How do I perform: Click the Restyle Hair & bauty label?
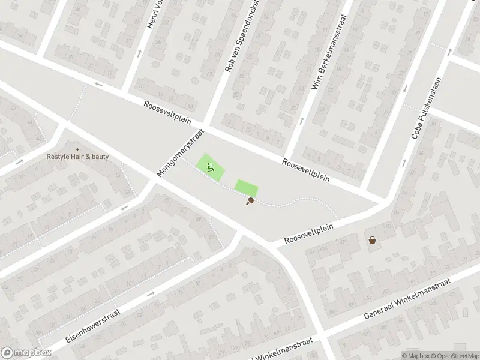(78, 157)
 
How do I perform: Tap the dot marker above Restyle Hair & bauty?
(77, 149)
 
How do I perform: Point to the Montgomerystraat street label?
(181, 152)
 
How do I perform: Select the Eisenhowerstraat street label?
(93, 326)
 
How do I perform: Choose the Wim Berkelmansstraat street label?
(326, 61)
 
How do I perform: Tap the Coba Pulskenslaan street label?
(426, 107)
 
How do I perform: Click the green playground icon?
(210, 167)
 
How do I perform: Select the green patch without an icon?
(246, 188)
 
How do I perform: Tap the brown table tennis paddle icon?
(249, 202)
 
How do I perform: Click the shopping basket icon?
(373, 240)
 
